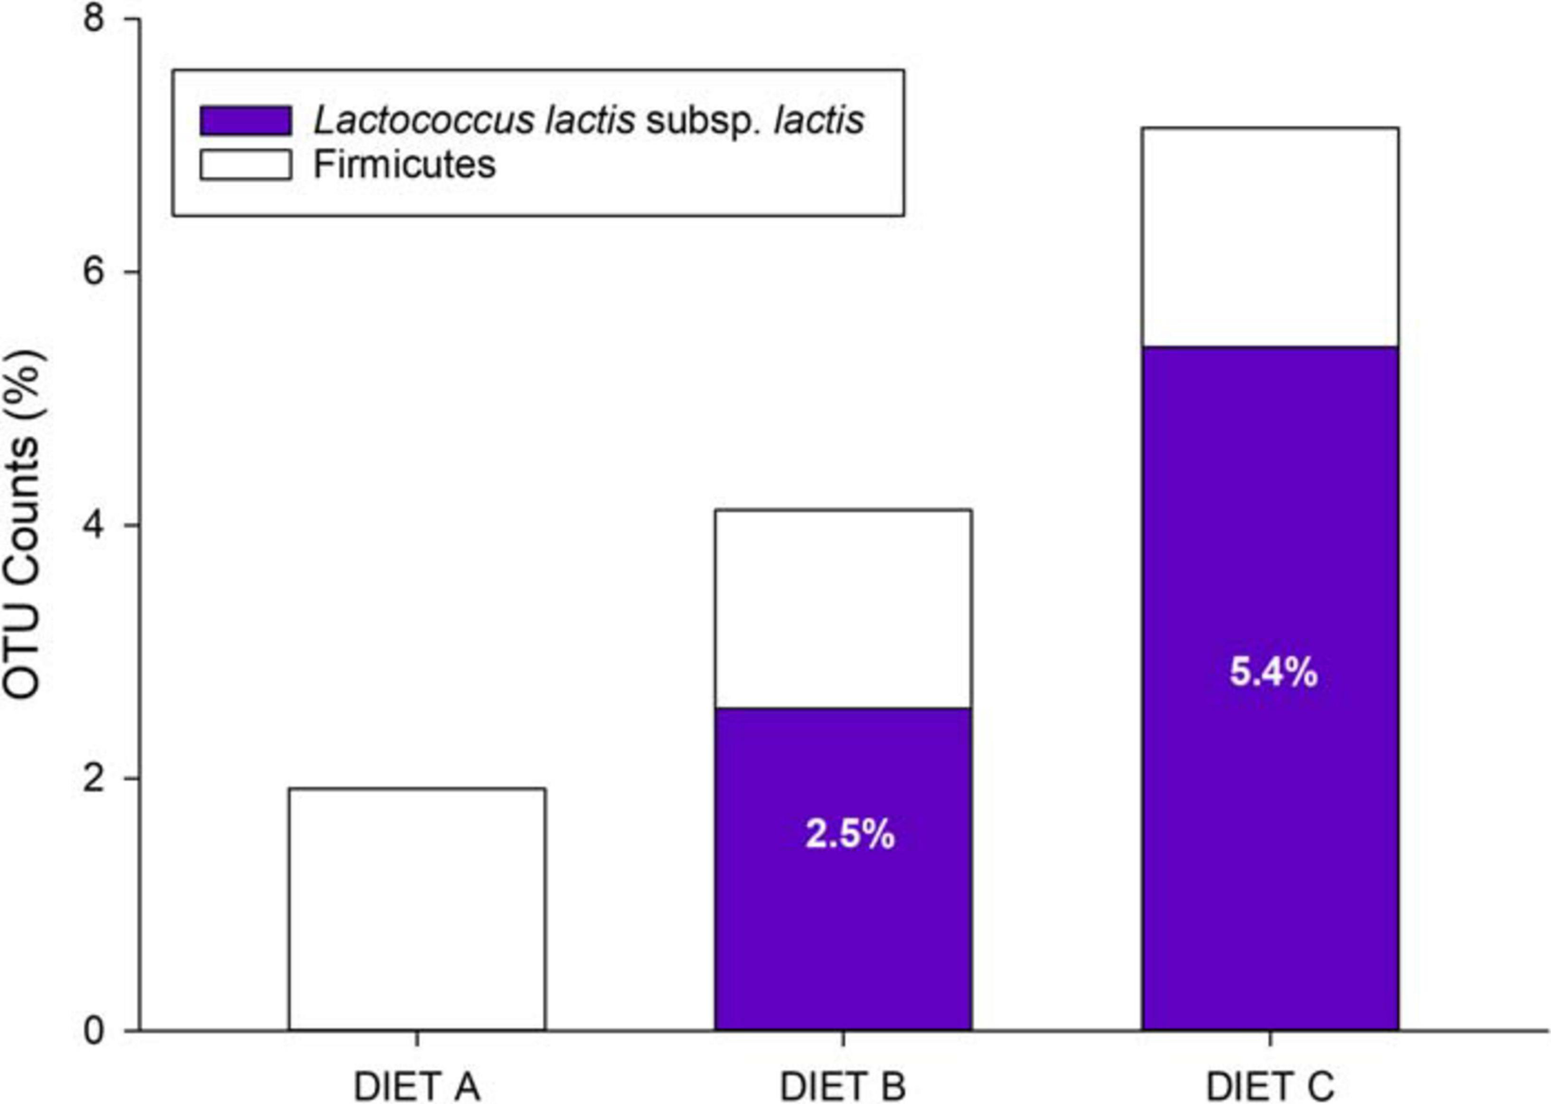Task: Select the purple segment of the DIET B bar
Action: click(843, 938)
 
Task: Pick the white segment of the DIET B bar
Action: click(843, 608)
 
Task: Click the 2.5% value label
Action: click(849, 834)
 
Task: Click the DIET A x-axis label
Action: click(417, 1087)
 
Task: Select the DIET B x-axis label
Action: click(843, 1087)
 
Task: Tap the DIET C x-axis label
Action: click(1269, 1087)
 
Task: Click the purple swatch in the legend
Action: click(245, 121)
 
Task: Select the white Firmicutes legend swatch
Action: click(245, 164)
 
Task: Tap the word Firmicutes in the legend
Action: click(405, 164)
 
